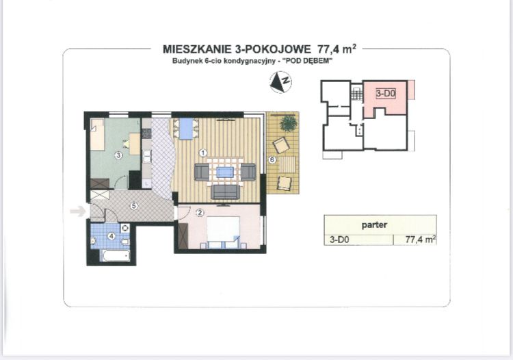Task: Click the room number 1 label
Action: point(202,151)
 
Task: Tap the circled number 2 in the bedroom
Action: point(200,212)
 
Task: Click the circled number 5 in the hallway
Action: point(135,205)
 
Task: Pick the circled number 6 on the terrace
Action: point(272,159)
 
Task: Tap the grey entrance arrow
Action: point(78,211)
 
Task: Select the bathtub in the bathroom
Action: point(114,257)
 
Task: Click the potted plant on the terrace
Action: point(289,124)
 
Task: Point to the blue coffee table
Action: point(225,172)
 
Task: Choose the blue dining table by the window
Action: point(185,128)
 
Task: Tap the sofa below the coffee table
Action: point(225,192)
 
